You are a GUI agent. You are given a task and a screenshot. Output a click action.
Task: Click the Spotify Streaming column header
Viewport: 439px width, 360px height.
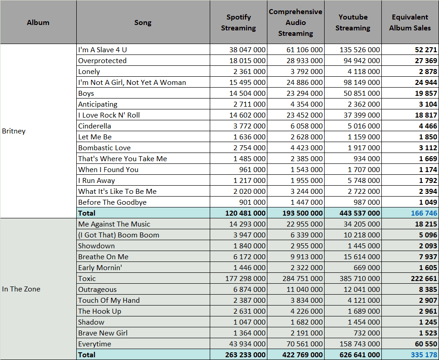pos(238,22)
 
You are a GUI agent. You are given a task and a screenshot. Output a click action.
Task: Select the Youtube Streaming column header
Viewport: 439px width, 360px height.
pos(353,22)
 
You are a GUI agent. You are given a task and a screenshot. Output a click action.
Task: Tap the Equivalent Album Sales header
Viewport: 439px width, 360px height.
pos(410,22)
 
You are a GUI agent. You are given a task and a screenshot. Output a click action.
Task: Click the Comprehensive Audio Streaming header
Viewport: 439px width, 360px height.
pos(296,22)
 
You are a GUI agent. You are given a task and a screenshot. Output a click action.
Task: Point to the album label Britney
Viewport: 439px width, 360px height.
pos(14,131)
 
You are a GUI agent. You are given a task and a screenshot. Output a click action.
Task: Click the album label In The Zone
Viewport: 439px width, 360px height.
pos(21,289)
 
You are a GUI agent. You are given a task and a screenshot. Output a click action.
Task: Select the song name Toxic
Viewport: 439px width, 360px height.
pos(87,279)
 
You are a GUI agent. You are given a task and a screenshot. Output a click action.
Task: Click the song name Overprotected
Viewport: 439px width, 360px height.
pos(103,61)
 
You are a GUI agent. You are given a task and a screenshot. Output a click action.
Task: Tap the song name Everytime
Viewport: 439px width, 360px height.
pos(94,344)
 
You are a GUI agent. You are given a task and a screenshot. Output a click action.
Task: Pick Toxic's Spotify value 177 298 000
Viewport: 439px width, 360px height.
pos(245,279)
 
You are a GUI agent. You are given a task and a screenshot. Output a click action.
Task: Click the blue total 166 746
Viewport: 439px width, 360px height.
pos(424,213)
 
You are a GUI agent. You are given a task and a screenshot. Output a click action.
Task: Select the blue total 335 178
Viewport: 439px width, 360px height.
pos(424,355)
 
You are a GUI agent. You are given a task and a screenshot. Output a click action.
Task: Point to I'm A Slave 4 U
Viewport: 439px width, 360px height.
pos(103,50)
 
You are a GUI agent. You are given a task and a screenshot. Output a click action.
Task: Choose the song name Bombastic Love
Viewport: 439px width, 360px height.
pos(104,148)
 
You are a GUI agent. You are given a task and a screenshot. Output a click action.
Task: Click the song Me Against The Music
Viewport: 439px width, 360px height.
pos(114,224)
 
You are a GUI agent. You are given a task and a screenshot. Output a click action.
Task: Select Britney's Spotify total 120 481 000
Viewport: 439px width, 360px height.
pos(245,213)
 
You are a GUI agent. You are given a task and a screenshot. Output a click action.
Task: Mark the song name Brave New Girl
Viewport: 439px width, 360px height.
pos(103,333)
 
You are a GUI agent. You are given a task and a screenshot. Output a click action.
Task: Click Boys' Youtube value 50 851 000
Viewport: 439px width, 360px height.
pos(362,94)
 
